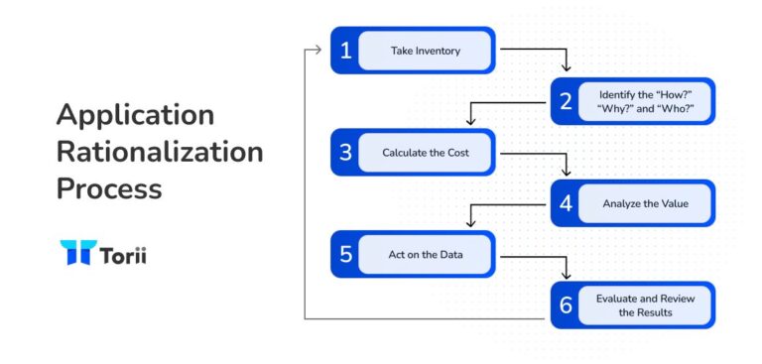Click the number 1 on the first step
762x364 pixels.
(x=345, y=51)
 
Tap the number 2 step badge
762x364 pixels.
(x=566, y=102)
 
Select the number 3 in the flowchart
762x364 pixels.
(x=345, y=153)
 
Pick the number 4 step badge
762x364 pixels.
(x=566, y=204)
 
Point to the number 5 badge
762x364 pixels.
(x=345, y=255)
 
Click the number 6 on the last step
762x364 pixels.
(x=566, y=305)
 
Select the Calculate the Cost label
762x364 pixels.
(x=425, y=153)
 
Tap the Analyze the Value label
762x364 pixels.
(x=645, y=204)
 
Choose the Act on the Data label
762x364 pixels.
(x=425, y=255)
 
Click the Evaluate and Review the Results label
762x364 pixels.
(x=645, y=305)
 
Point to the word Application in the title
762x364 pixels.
(x=135, y=115)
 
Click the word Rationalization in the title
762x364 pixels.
(x=160, y=152)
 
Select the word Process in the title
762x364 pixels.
(x=109, y=188)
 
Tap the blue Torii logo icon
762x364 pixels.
(x=75, y=253)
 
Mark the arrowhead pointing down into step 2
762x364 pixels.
(x=567, y=67)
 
